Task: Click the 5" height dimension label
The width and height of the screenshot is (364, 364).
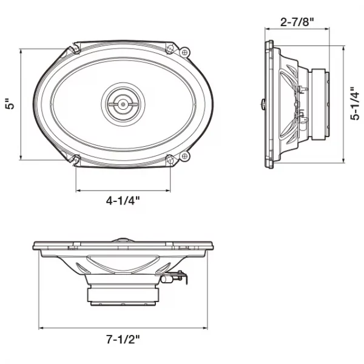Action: tap(10, 104)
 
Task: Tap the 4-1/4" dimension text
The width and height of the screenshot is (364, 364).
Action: tap(123, 201)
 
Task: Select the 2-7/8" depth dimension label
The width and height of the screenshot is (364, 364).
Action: tap(297, 22)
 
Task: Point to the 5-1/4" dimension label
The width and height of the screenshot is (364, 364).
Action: tap(354, 104)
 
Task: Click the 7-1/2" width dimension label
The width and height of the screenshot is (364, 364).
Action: tap(123, 339)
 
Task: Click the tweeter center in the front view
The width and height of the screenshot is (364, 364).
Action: tap(123, 104)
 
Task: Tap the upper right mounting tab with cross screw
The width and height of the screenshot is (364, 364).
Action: tap(185, 52)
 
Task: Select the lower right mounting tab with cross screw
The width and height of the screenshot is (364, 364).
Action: tap(185, 156)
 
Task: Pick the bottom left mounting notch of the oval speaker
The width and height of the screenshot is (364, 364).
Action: tap(76, 160)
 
